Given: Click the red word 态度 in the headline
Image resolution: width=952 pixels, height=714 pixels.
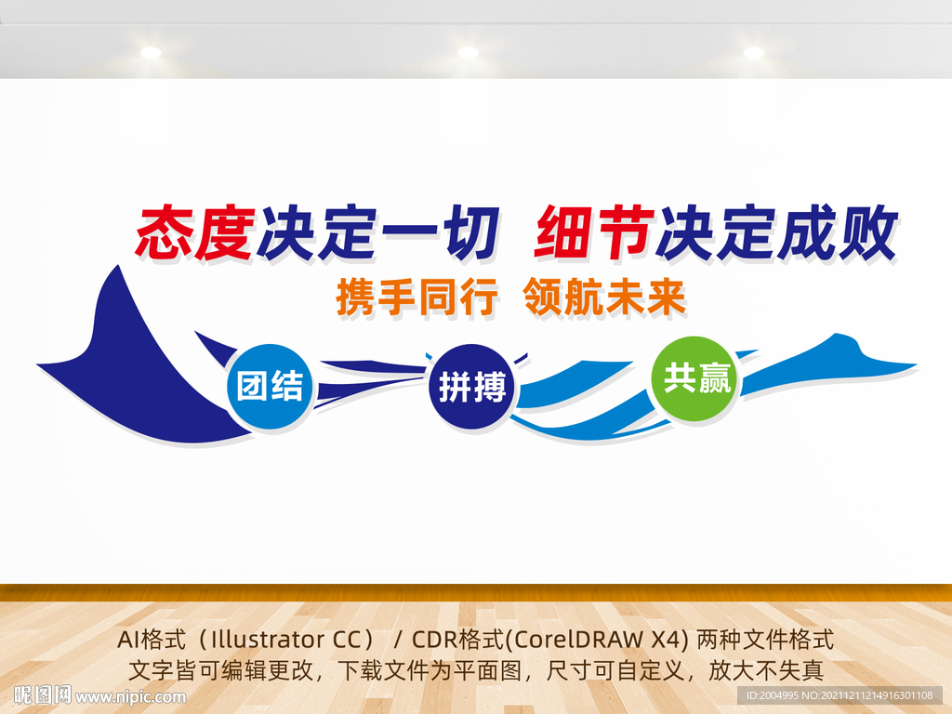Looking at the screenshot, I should click(194, 232).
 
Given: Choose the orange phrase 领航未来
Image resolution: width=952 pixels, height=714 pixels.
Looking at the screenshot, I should click(605, 298).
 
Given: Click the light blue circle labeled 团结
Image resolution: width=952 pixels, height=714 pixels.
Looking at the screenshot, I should click(270, 386).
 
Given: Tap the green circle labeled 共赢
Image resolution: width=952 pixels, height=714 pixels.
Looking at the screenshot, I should click(695, 378).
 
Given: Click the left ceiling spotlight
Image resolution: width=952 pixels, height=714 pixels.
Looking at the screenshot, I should click(150, 53).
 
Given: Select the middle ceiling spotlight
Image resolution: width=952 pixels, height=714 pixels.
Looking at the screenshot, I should click(468, 53).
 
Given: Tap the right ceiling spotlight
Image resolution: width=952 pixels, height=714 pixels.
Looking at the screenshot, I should click(753, 53).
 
